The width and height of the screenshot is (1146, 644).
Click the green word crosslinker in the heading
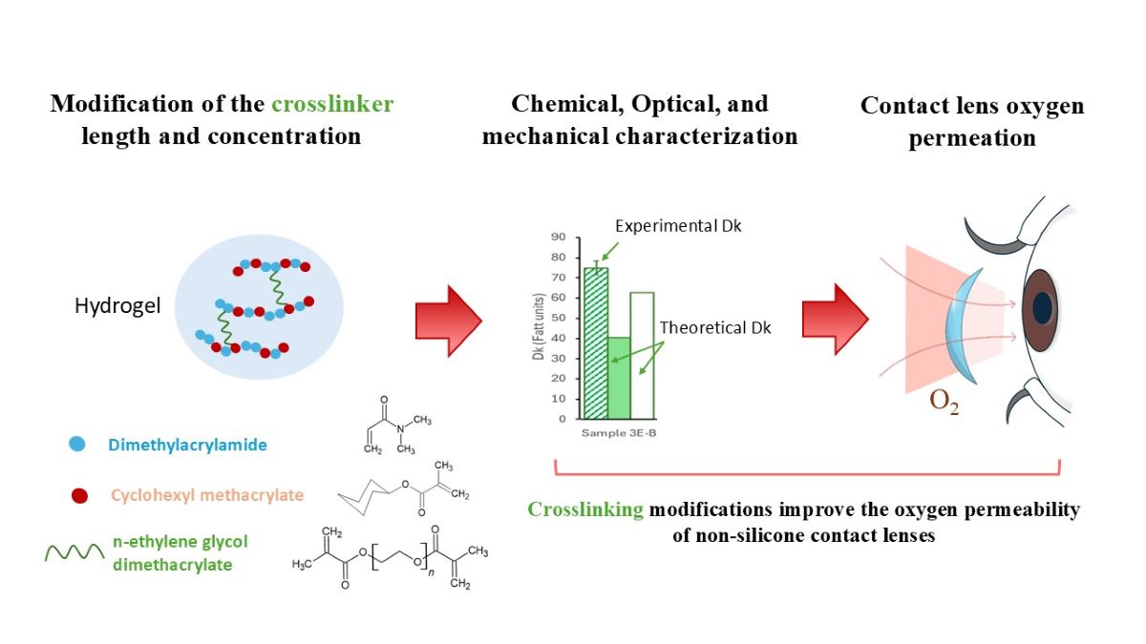[330, 103]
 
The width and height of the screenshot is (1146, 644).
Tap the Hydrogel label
[117, 306]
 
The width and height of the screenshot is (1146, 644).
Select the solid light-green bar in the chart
[619, 378]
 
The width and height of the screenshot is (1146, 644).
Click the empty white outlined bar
[642, 355]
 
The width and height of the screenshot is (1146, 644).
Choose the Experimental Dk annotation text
[677, 226]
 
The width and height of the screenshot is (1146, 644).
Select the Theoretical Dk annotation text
[714, 327]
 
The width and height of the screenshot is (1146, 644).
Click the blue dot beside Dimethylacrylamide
[77, 444]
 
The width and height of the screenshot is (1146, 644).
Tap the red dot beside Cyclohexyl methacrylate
[80, 494]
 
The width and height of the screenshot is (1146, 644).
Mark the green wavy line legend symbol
[74, 552]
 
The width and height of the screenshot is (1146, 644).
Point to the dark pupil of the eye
[1042, 307]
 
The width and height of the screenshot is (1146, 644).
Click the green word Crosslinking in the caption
[585, 509]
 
